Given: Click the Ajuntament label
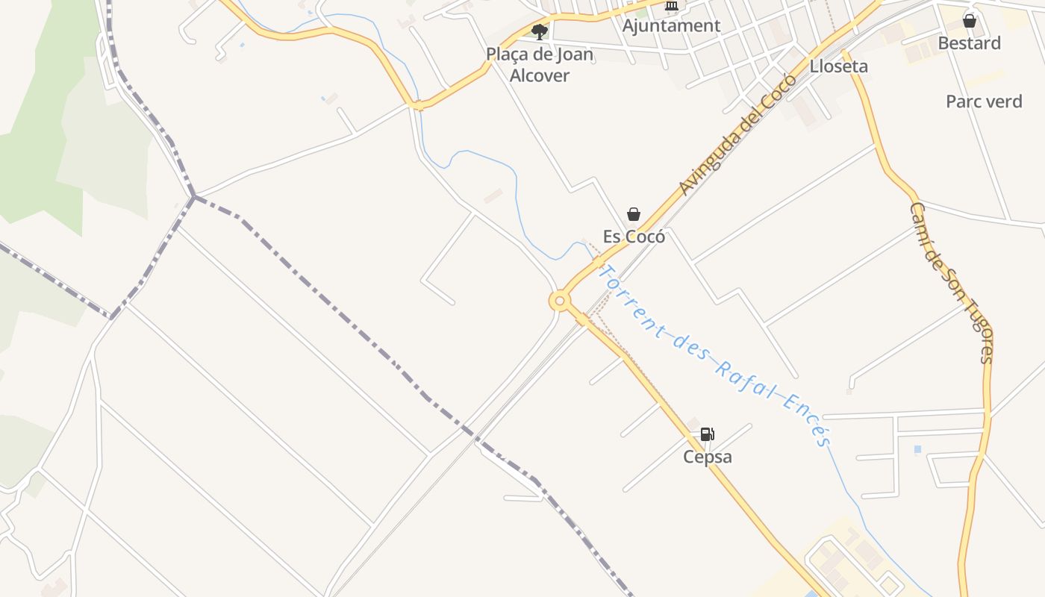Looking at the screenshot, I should click(672, 25).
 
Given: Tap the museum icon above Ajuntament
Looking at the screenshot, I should click(672, 6).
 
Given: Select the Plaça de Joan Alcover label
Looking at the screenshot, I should click(540, 64).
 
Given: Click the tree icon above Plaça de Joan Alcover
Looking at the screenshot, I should click(540, 31).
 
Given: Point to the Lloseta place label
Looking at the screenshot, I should click(839, 66).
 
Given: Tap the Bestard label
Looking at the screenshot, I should click(969, 43).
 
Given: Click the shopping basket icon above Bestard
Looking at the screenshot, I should click(969, 21).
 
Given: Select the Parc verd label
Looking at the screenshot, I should click(984, 101).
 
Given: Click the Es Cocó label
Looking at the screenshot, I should click(634, 237).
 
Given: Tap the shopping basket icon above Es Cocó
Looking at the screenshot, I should click(634, 215).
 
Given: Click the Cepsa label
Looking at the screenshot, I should click(708, 456).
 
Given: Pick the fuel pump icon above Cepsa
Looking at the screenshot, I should click(707, 434).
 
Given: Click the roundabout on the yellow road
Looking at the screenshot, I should click(560, 301).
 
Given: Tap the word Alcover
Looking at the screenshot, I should click(540, 75).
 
